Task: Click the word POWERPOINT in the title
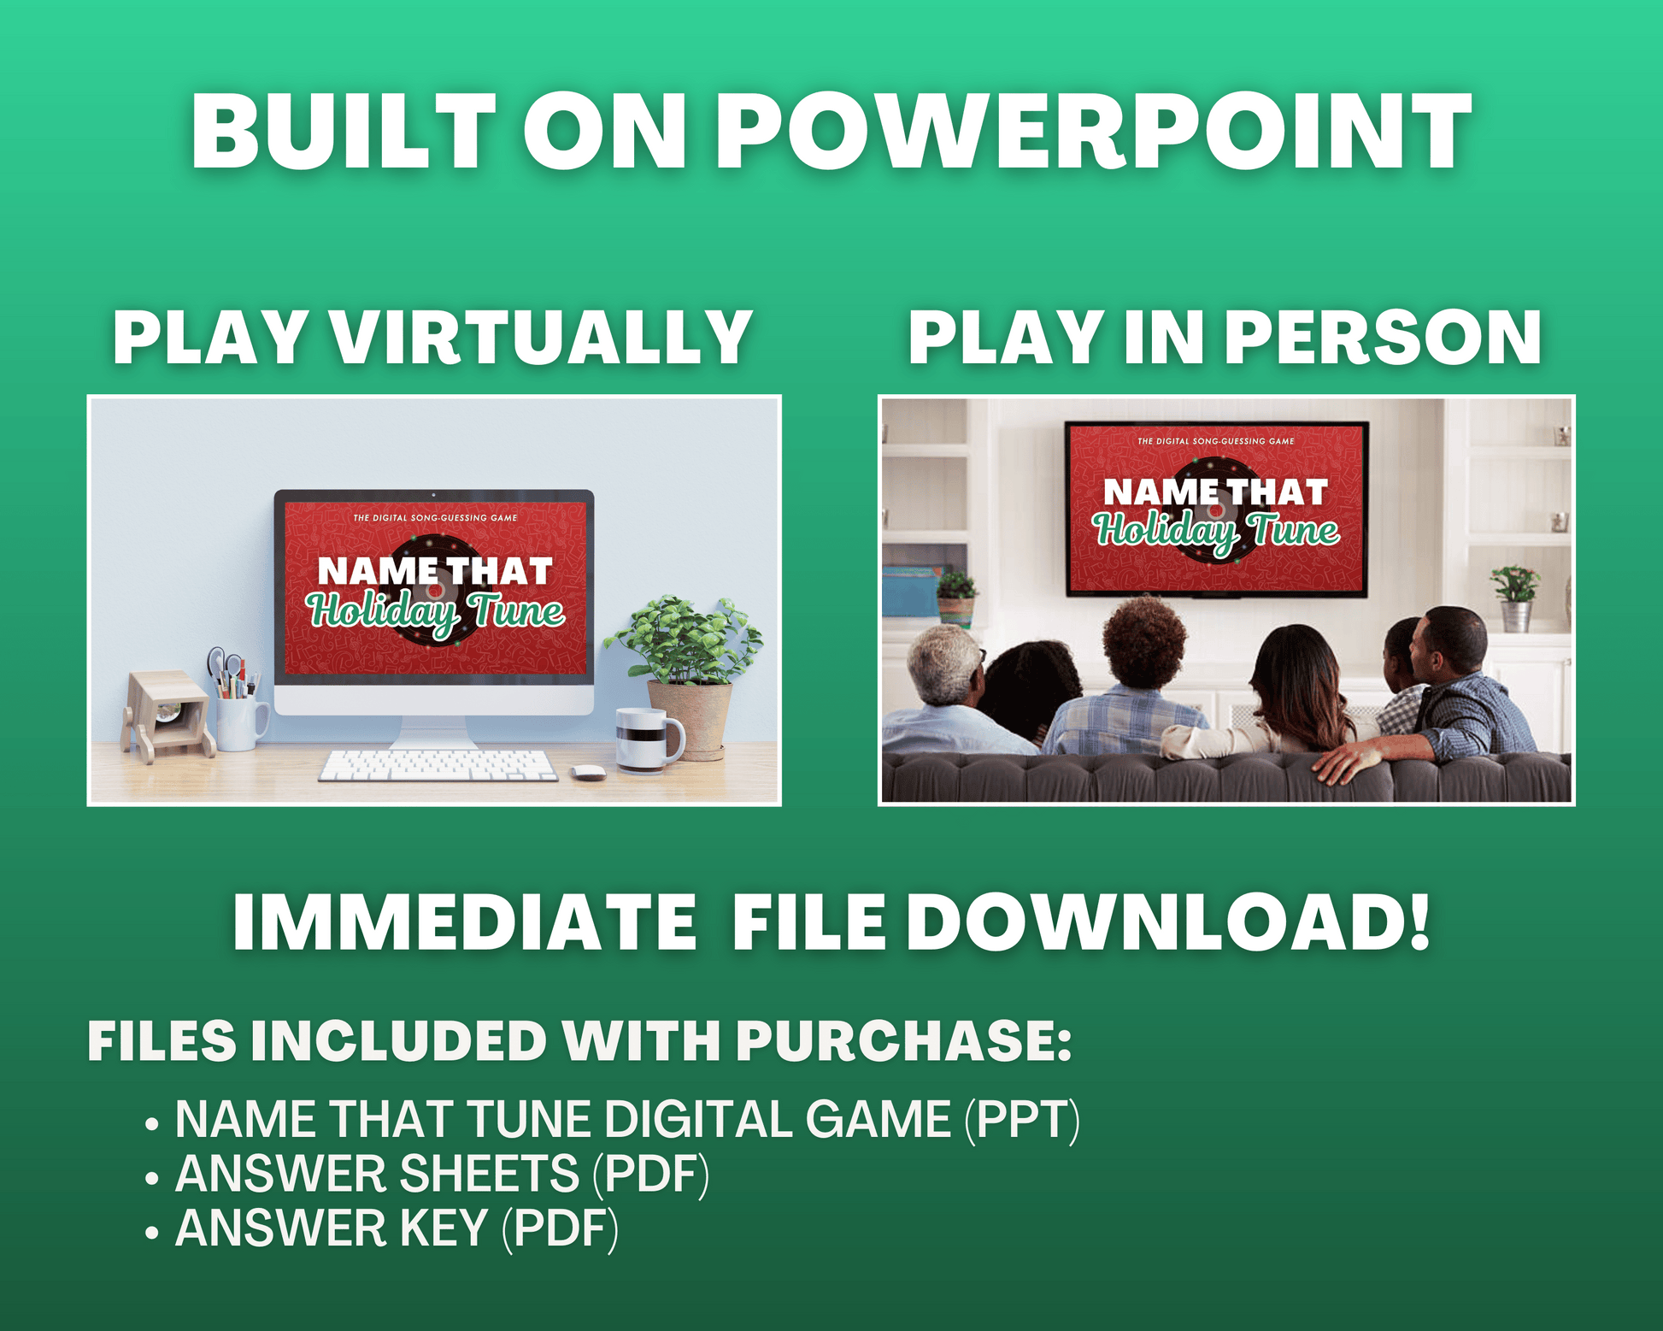click(x=1094, y=132)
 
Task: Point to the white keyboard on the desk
click(x=438, y=765)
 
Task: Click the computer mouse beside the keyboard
click(x=587, y=772)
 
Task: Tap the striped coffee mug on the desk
click(x=649, y=739)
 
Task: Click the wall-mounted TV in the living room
click(x=1216, y=509)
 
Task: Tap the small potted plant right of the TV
click(x=1515, y=598)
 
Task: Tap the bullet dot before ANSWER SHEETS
click(x=152, y=1178)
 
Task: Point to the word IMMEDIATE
click(x=465, y=922)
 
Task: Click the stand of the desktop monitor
click(x=433, y=731)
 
